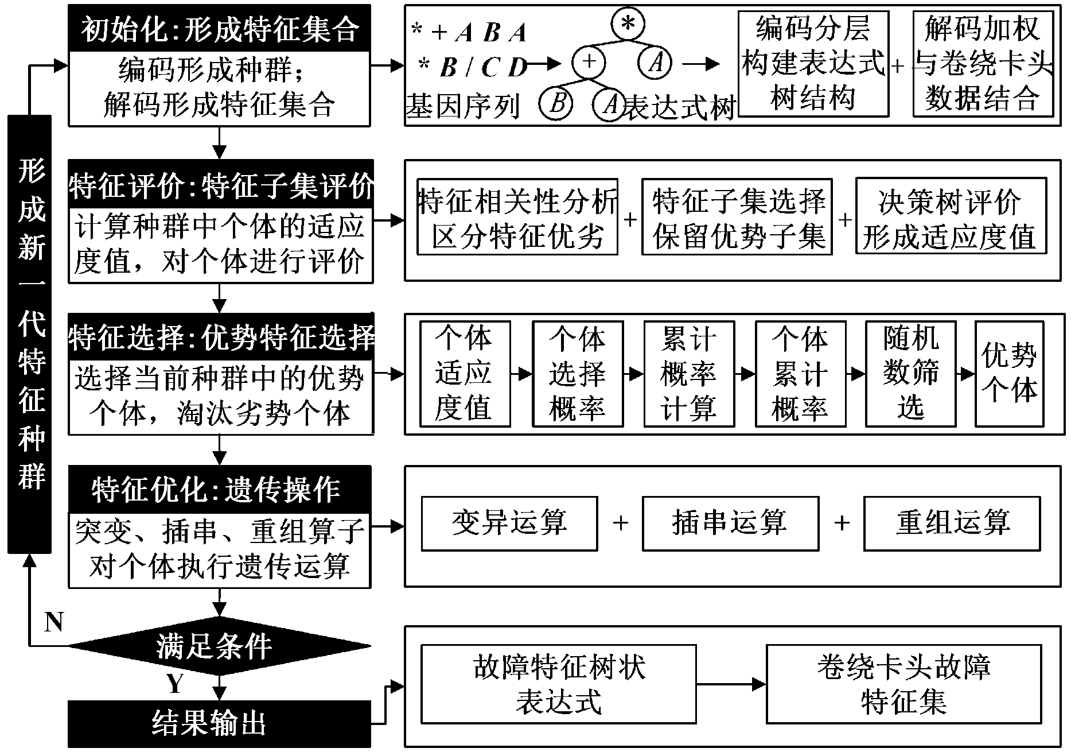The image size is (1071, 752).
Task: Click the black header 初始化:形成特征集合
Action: [219, 29]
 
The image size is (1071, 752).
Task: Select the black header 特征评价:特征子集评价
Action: [220, 185]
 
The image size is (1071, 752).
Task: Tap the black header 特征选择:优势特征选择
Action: [220, 337]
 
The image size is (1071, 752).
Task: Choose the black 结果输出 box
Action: [219, 723]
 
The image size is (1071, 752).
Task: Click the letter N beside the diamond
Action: [54, 622]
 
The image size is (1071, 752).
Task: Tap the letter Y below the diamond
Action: [175, 684]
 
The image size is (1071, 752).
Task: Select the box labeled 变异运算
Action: [509, 523]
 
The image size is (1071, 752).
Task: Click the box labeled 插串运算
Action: [730, 523]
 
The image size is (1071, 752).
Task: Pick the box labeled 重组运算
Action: [952, 523]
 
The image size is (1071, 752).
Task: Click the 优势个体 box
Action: [1009, 374]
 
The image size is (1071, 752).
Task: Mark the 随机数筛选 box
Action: [910, 374]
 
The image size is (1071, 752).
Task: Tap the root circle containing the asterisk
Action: [628, 24]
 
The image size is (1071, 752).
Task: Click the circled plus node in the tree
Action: [589, 62]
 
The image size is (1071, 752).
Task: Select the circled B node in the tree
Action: [557, 104]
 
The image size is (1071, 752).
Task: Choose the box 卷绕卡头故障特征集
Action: [903, 684]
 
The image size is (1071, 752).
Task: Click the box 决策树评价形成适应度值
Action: [951, 216]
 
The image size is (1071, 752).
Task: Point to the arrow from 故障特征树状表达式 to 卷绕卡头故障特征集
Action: [731, 684]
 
